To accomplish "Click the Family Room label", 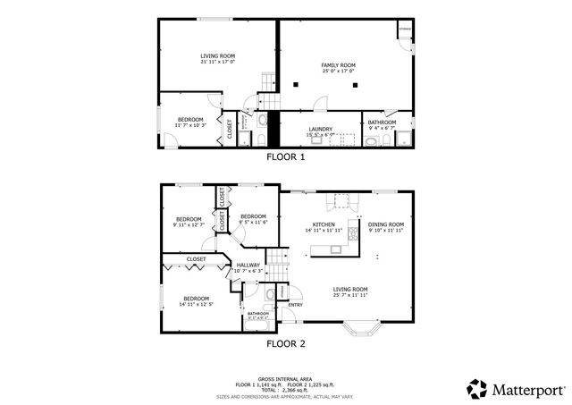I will (339, 65).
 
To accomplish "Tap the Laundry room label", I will (321, 128).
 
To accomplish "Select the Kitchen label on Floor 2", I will (323, 224).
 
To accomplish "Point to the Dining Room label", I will (386, 224).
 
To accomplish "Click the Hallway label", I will (248, 265).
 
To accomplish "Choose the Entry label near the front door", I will (295, 303).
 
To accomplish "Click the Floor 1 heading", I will (286, 156).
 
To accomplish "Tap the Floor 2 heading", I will (286, 342).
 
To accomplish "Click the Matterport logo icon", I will (476, 388).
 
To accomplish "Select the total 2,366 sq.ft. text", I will (286, 389).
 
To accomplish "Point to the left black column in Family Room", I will (294, 85).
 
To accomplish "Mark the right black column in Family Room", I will (355, 85).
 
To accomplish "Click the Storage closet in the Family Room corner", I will (405, 30).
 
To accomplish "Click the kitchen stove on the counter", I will (340, 199).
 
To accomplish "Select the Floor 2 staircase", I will (279, 266).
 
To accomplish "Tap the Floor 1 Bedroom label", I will (189, 120).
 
